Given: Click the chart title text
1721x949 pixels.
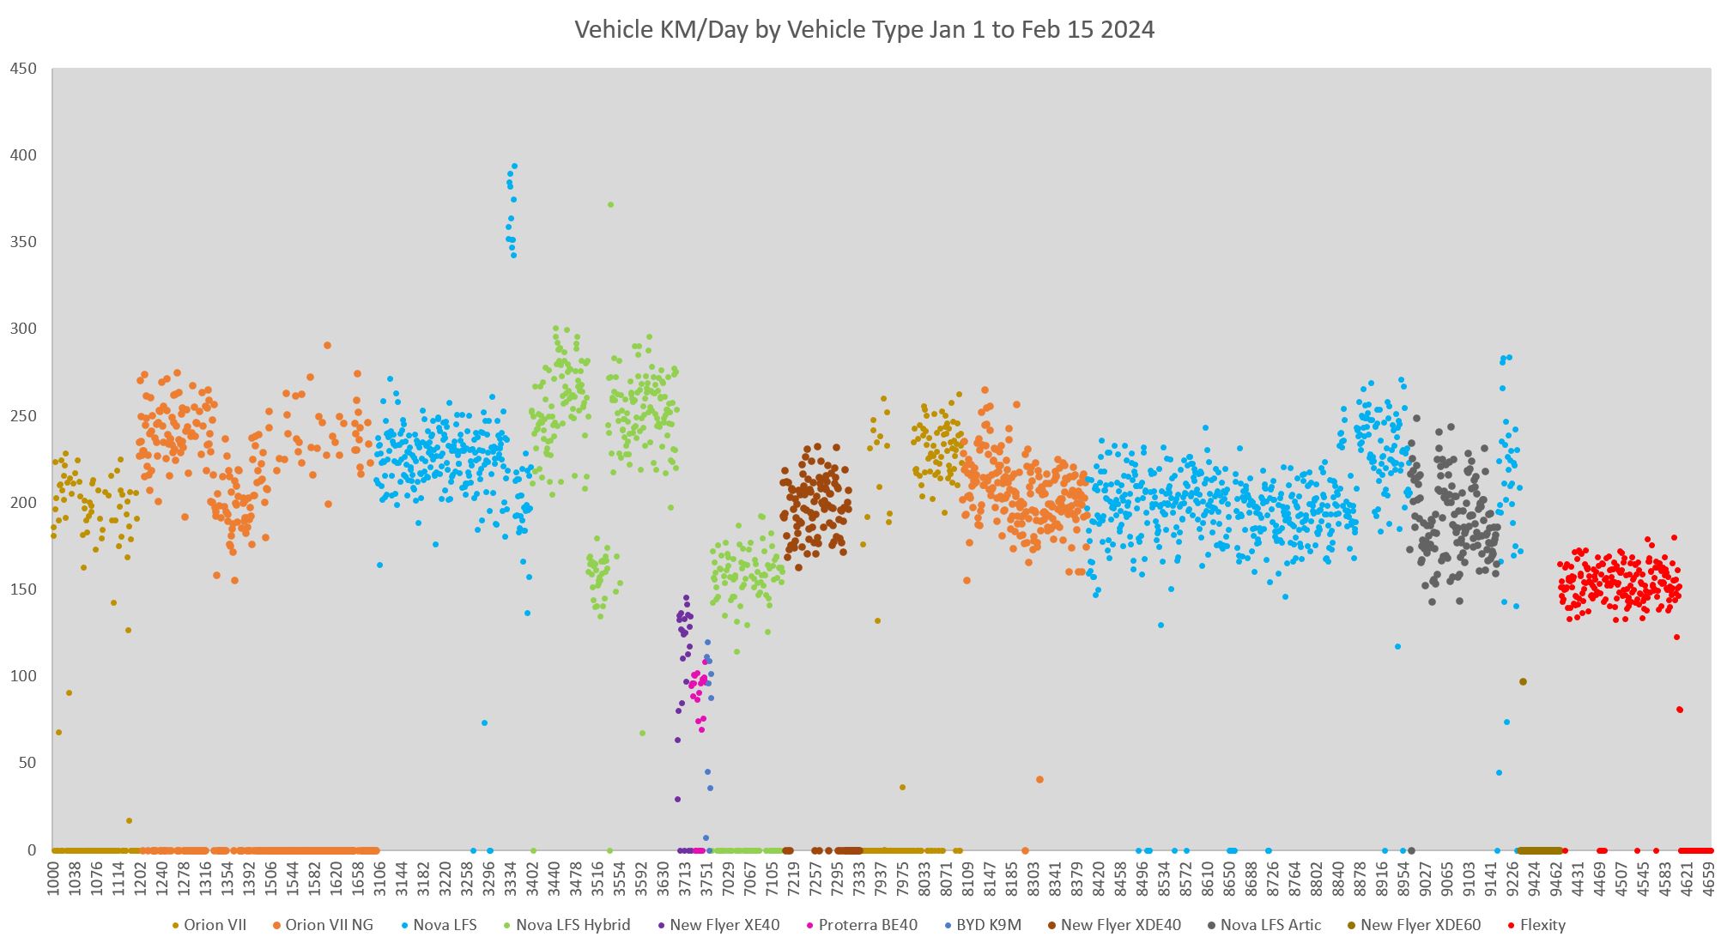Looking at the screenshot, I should tap(864, 30).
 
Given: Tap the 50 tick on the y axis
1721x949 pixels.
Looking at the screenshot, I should tap(30, 763).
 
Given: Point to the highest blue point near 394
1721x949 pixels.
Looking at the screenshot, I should tap(514, 166).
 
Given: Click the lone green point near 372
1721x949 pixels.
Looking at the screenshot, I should tap(610, 205).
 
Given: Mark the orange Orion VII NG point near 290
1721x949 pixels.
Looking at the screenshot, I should tap(327, 346).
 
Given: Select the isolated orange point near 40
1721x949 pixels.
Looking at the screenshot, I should tap(1039, 780).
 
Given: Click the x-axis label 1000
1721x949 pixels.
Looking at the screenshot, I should tap(53, 879).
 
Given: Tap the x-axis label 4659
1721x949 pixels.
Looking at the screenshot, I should tap(1707, 879).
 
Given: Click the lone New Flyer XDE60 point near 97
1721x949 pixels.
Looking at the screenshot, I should tap(1523, 682).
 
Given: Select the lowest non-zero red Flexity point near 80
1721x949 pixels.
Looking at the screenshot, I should tap(1680, 710).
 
